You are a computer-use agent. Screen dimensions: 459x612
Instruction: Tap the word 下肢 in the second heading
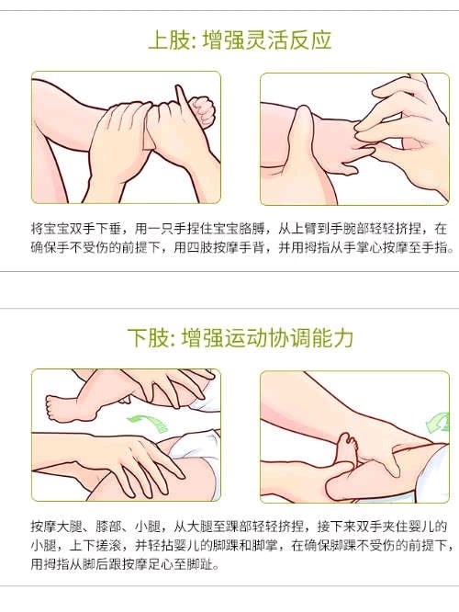pos(148,337)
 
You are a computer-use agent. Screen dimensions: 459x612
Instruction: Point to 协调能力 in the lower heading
pos(310,337)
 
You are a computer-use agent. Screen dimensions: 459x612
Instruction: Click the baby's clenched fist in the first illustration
pos(203,111)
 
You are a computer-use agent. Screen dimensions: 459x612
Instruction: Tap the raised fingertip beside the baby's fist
pos(179,87)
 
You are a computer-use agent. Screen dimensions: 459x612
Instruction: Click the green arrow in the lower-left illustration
pos(149,424)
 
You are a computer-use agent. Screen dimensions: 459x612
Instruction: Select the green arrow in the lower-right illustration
pos(438,423)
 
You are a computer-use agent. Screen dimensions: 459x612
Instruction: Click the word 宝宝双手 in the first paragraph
pos(69,228)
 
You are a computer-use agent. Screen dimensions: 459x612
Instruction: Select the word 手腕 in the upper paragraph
pos(343,228)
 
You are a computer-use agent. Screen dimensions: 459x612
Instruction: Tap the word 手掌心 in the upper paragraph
pos(363,247)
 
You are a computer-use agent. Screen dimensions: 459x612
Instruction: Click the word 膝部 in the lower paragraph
pos(108,527)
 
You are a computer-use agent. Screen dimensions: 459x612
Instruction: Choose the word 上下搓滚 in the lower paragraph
pos(95,545)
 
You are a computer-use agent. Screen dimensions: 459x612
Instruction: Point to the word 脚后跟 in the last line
pos(102,564)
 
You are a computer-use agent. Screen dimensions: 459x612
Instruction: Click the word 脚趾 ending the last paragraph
pos(200,564)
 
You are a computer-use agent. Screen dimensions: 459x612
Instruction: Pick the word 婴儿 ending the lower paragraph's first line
pos(421,527)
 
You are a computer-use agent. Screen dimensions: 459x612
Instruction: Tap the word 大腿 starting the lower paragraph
pos(69,527)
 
